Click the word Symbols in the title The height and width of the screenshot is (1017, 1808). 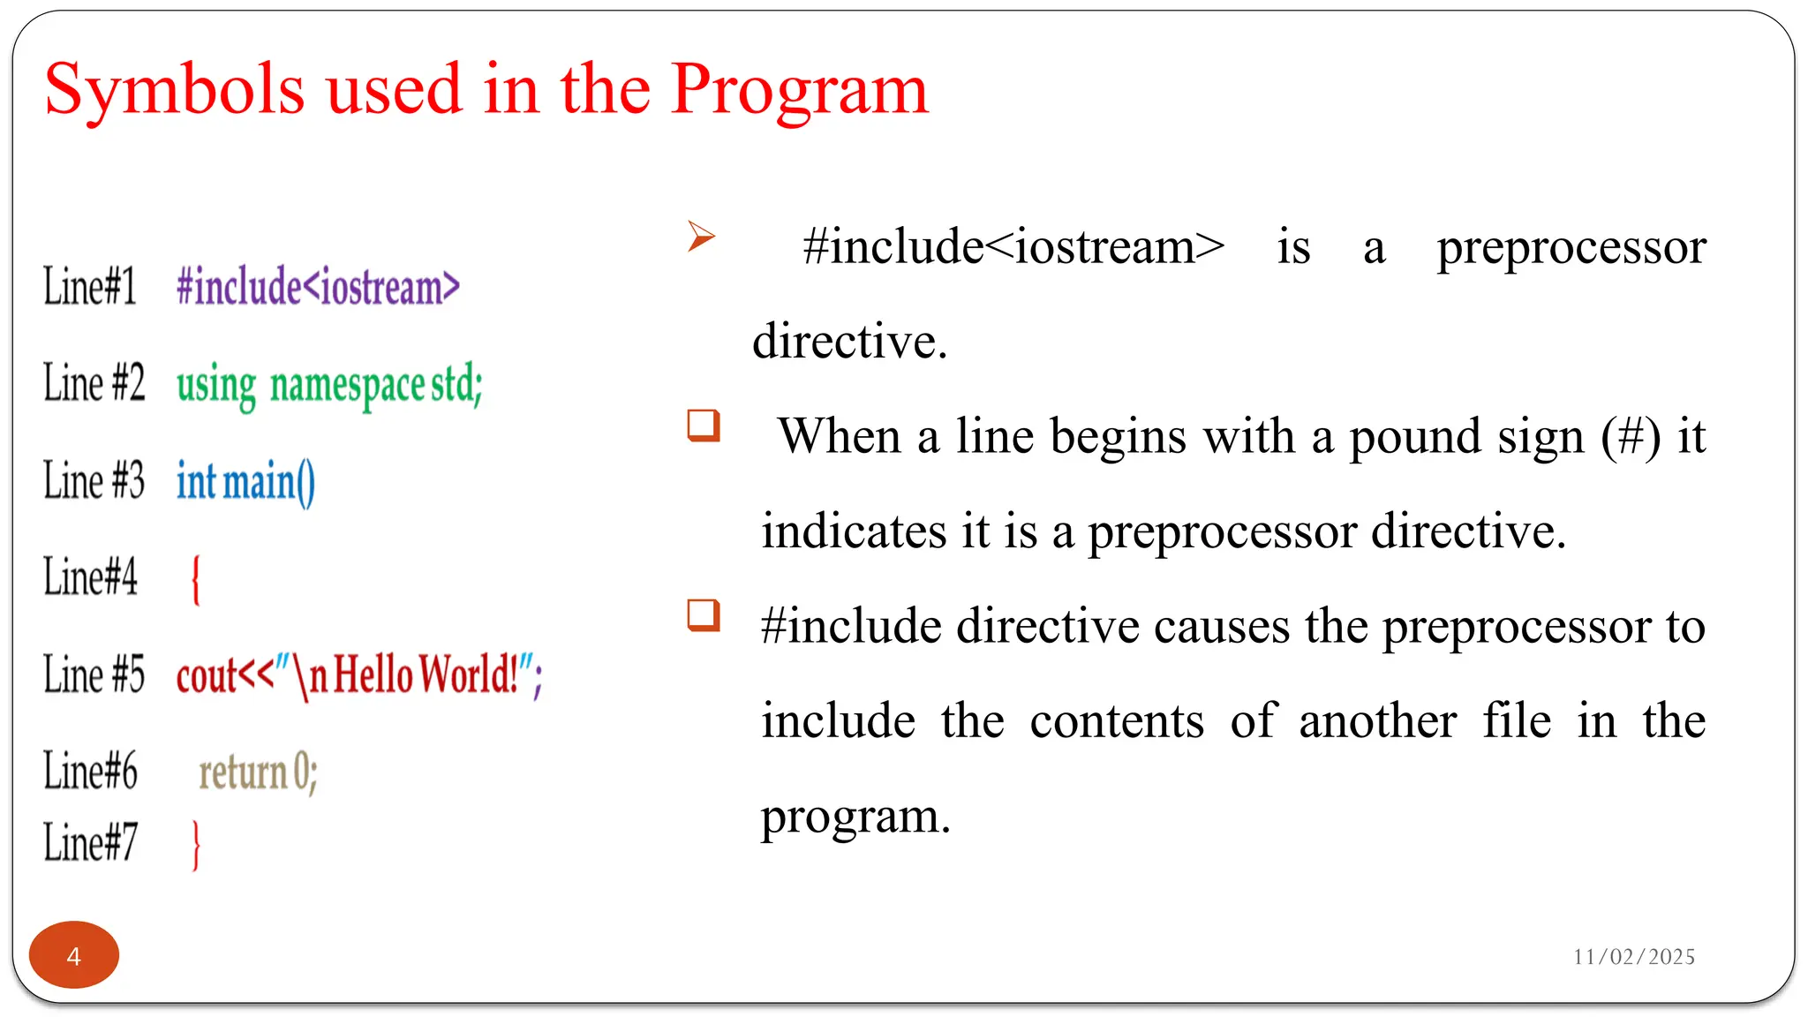(x=174, y=90)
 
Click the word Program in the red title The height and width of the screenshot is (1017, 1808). (x=799, y=90)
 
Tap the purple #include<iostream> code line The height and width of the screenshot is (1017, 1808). (x=318, y=287)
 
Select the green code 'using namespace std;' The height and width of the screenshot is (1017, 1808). (x=329, y=385)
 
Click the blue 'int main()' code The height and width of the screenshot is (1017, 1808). (x=245, y=482)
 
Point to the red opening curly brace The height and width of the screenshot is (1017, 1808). (x=196, y=579)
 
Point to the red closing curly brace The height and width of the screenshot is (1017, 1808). (x=196, y=844)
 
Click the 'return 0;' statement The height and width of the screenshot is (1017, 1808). (x=257, y=772)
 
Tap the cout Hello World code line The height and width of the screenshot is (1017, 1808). (x=358, y=676)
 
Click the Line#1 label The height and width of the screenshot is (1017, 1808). (x=90, y=287)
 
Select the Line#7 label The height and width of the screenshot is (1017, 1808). (x=90, y=841)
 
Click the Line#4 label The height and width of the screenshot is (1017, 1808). (x=90, y=577)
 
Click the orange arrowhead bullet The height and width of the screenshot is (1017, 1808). (x=701, y=236)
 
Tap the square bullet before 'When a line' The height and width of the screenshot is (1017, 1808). (x=704, y=426)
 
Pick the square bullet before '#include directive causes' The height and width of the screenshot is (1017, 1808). (x=704, y=615)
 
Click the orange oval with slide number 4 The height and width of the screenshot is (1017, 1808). (x=74, y=955)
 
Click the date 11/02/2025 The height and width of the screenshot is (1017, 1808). (x=1633, y=957)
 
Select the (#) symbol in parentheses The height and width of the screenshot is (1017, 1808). (x=1631, y=437)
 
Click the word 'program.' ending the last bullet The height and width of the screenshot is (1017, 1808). (x=855, y=817)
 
